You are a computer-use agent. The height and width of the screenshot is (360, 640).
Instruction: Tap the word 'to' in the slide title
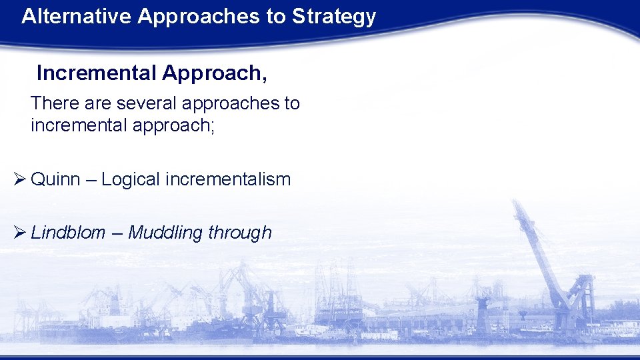[275, 17]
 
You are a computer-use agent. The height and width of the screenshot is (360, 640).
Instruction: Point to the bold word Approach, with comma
[214, 74]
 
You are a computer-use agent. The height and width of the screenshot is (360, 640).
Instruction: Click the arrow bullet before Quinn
[19, 179]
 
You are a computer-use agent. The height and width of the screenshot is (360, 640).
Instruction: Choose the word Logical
[131, 180]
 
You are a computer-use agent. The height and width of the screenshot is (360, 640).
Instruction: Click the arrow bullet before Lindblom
[19, 232]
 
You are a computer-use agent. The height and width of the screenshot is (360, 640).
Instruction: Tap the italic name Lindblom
[68, 232]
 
